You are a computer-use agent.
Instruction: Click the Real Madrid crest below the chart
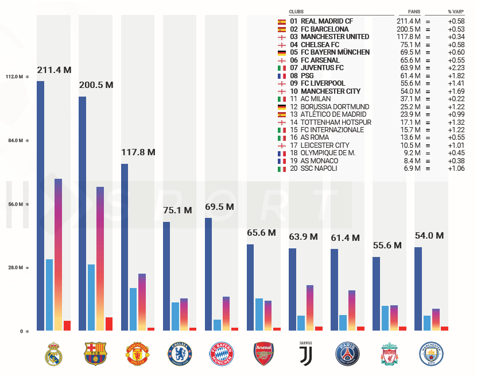53,354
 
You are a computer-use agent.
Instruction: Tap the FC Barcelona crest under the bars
95,354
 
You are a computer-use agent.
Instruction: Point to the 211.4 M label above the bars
55,70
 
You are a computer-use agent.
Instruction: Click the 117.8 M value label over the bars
138,152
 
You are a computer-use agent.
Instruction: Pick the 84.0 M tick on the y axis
14,141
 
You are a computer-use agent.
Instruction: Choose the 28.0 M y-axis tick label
14,267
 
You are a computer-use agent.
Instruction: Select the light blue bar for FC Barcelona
91,297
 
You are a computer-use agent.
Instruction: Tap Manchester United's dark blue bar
125,247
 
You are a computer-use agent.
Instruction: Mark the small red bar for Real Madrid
67,325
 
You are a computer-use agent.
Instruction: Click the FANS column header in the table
414,11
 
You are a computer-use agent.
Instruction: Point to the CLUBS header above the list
297,11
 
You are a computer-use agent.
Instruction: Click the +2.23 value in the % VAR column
456,68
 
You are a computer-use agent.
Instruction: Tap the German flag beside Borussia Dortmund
282,107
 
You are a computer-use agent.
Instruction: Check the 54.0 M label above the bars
429,236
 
